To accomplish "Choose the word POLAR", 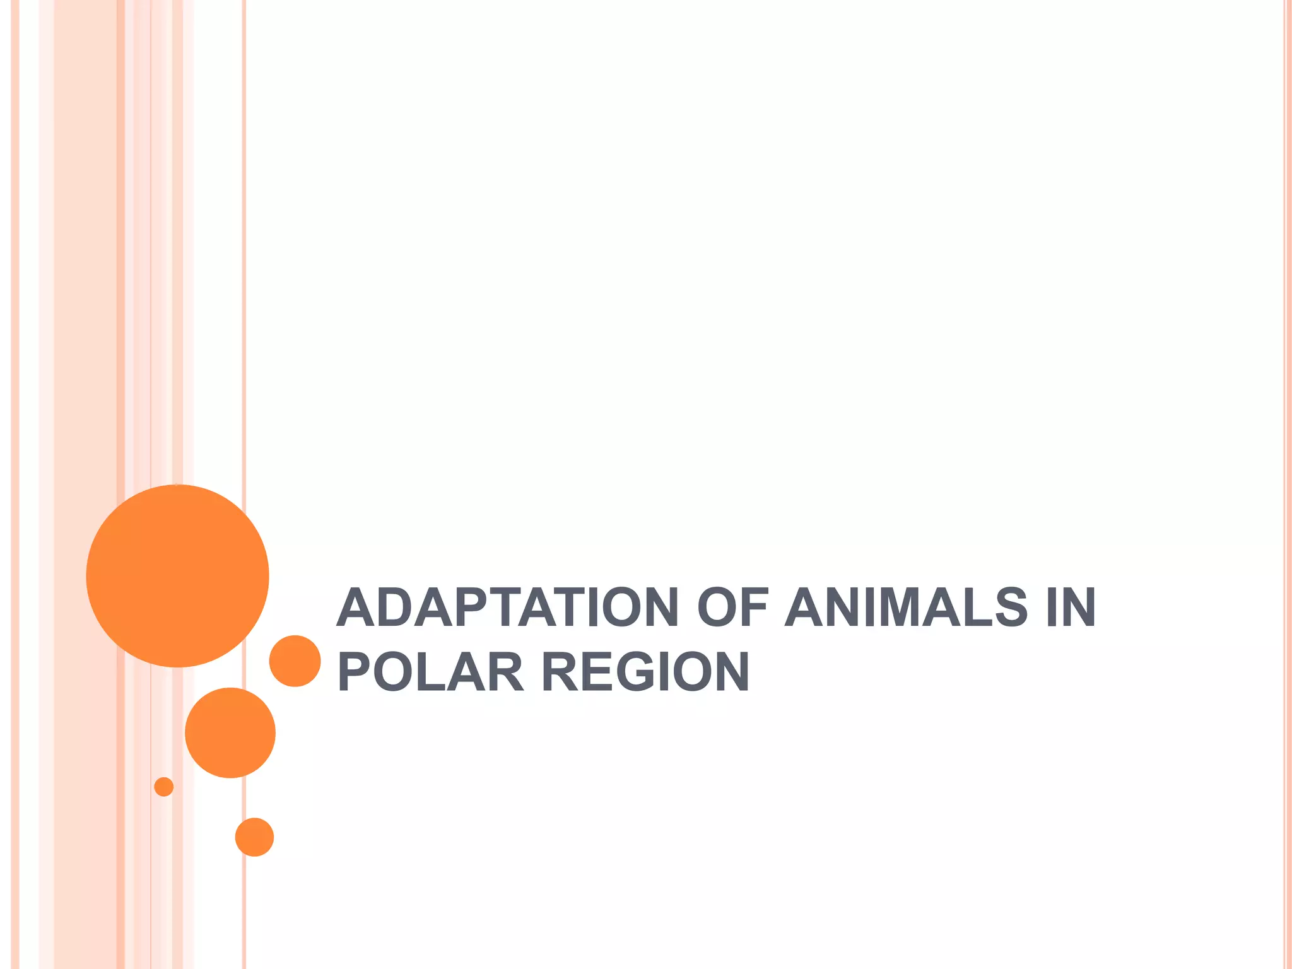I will (x=431, y=672).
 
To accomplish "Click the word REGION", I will (x=645, y=672).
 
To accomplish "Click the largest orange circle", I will (x=178, y=575).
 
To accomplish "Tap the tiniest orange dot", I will (x=164, y=787).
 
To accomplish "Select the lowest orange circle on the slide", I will (x=254, y=837).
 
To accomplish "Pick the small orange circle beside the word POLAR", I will (x=295, y=661).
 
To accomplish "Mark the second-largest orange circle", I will (x=230, y=732).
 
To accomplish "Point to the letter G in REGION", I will (x=640, y=672).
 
